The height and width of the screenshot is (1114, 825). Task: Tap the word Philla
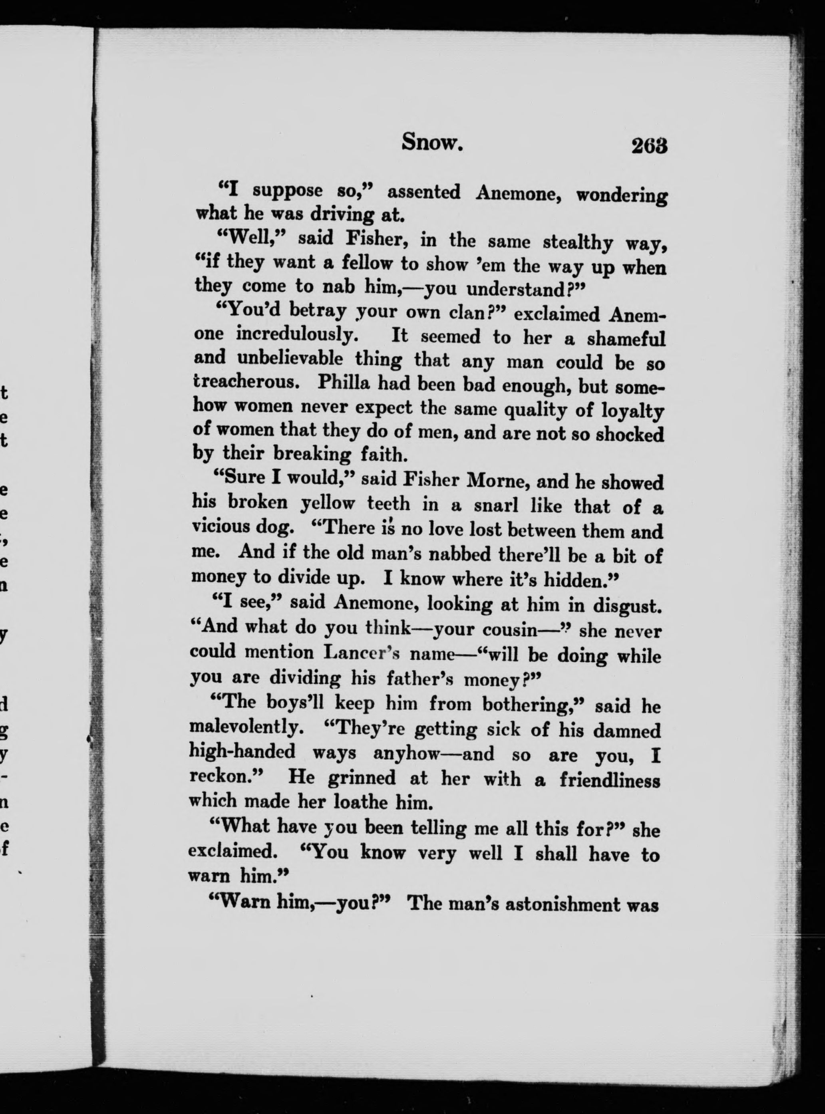pyautogui.click(x=343, y=383)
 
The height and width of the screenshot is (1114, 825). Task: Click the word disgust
pyautogui.click(x=627, y=606)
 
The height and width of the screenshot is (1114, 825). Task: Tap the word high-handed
pyautogui.click(x=242, y=751)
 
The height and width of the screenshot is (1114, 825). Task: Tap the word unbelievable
pyautogui.click(x=290, y=359)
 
